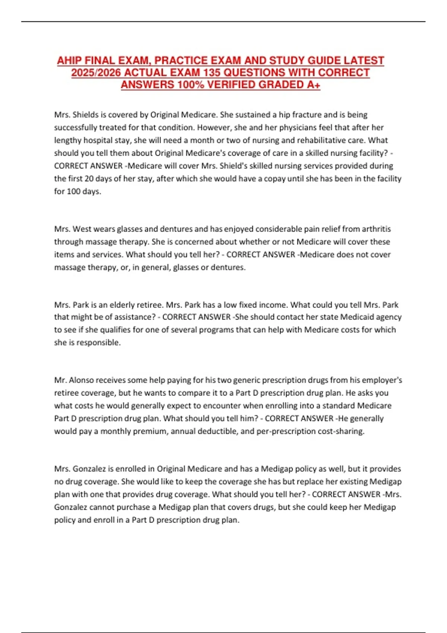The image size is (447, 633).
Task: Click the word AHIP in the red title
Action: (69, 61)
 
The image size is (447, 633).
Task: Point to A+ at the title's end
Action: (314, 85)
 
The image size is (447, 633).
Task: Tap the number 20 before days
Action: (89, 179)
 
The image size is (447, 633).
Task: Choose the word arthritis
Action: (375, 229)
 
